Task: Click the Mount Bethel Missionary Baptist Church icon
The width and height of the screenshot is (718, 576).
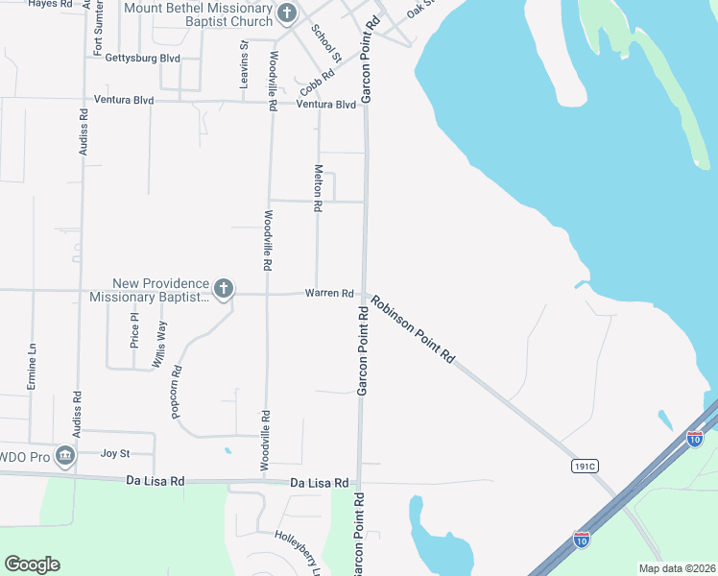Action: click(286, 13)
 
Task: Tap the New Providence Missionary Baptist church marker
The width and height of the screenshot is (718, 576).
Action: click(223, 288)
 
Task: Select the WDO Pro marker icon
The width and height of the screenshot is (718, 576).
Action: click(65, 455)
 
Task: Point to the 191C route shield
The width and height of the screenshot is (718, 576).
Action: click(584, 466)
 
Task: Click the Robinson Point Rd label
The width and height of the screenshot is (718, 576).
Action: click(414, 328)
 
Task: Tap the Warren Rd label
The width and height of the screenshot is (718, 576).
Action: click(329, 293)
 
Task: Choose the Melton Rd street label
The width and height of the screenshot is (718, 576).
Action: click(318, 186)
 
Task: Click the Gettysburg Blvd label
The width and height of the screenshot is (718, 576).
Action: click(143, 58)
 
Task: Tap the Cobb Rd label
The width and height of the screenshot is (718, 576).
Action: click(316, 76)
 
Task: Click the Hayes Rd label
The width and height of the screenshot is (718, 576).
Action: click(50, 4)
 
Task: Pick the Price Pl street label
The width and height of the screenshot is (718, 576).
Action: click(134, 329)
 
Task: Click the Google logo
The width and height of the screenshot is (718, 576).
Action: click(32, 564)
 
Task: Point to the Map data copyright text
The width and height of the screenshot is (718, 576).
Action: click(677, 568)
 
